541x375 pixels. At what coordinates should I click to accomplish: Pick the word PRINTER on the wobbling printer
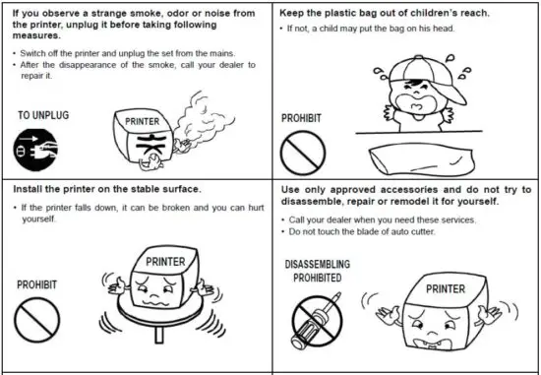(164, 263)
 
